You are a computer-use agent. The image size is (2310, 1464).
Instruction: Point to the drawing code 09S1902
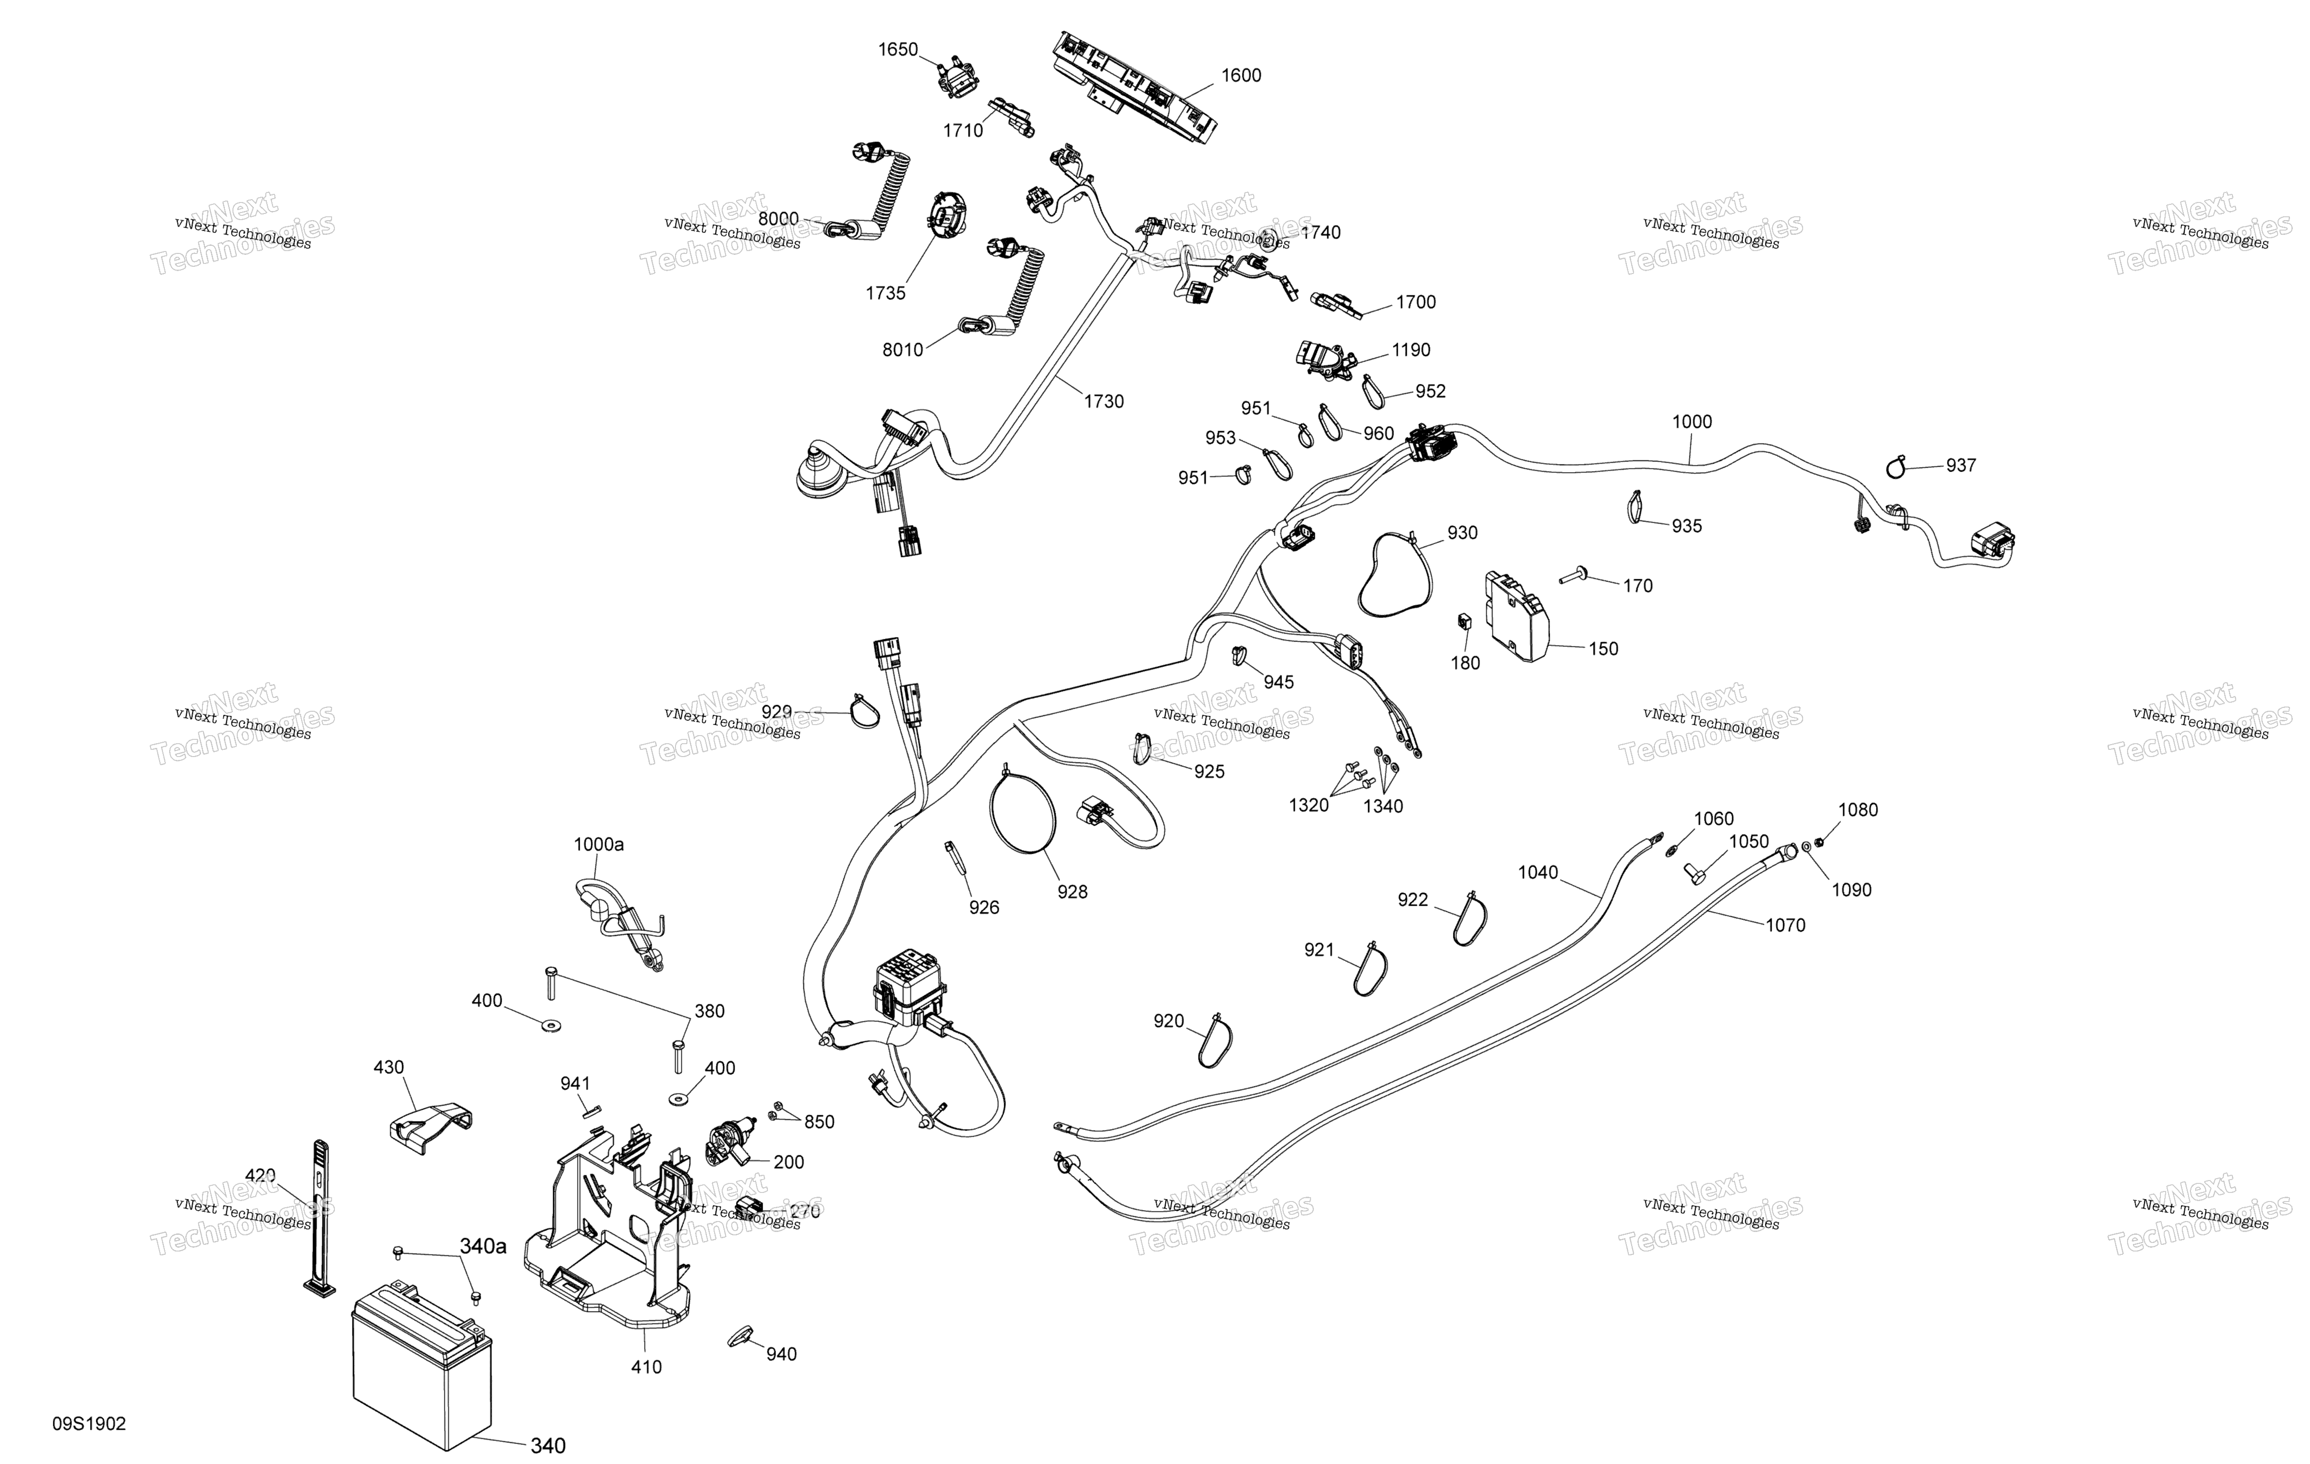[89, 1424]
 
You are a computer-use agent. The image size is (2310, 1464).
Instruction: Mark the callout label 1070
[1785, 926]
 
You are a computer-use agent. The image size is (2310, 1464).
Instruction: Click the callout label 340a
[483, 1246]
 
